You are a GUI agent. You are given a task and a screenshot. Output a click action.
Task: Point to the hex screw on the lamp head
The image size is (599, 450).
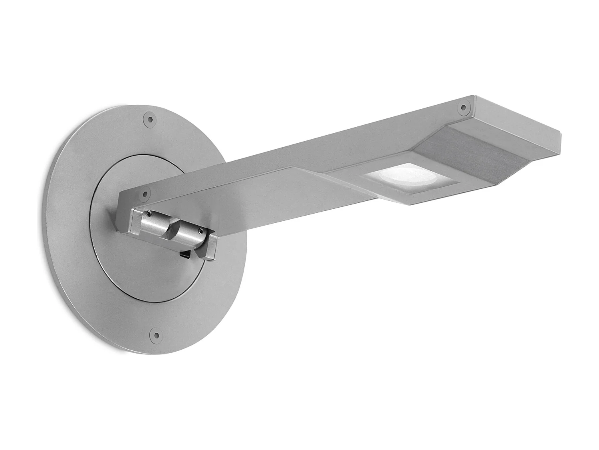pos(463,106)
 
